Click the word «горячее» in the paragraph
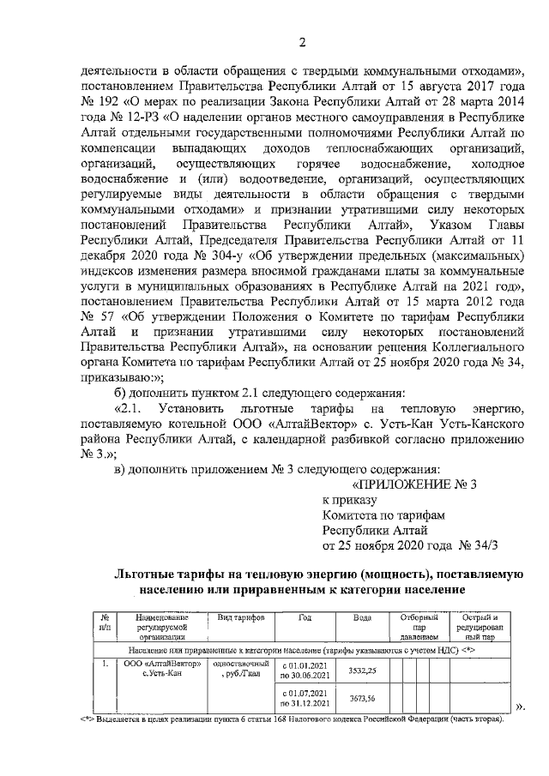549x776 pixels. pyautogui.click(x=295, y=163)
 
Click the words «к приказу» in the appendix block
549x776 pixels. pyautogui.click(x=349, y=499)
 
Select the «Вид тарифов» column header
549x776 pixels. pyautogui.click(x=241, y=618)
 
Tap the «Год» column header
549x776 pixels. pyautogui.click(x=305, y=618)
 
